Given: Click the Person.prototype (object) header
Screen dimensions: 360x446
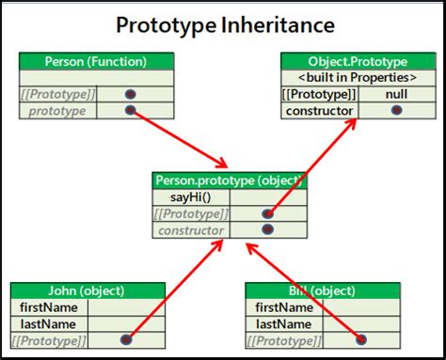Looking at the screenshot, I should [230, 180].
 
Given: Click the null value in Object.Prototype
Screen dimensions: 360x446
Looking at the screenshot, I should [396, 94].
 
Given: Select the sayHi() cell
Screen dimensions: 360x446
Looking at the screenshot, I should [190, 196].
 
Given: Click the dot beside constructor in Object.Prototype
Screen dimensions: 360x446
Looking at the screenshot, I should [396, 111].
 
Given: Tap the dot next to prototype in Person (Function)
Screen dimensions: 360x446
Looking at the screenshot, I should [130, 111].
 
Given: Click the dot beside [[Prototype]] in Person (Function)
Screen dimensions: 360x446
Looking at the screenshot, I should [130, 94].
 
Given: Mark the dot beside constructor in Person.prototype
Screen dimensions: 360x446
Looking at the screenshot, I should [267, 229].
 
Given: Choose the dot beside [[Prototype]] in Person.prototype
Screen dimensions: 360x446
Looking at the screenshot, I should [267, 213].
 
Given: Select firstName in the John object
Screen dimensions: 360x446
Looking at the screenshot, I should [48, 307].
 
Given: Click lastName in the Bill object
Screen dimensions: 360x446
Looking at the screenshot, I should [284, 323].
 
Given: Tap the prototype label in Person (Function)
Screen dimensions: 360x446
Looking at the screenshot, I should [57, 111].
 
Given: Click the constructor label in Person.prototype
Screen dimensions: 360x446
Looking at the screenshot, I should [191, 230].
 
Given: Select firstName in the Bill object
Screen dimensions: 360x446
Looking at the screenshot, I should [284, 307].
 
